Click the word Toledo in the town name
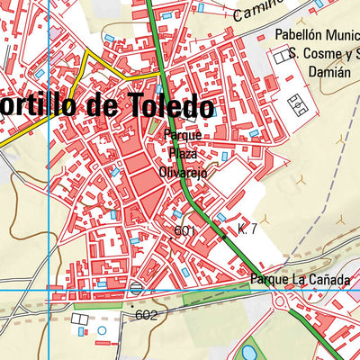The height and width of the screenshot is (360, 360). (167, 107)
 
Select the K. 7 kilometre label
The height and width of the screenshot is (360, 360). (247, 230)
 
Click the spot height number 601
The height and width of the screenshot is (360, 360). (184, 231)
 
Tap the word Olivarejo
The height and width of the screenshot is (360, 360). (183, 172)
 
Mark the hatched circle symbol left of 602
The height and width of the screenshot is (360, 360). (135, 288)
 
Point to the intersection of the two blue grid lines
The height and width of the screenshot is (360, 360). (49, 291)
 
